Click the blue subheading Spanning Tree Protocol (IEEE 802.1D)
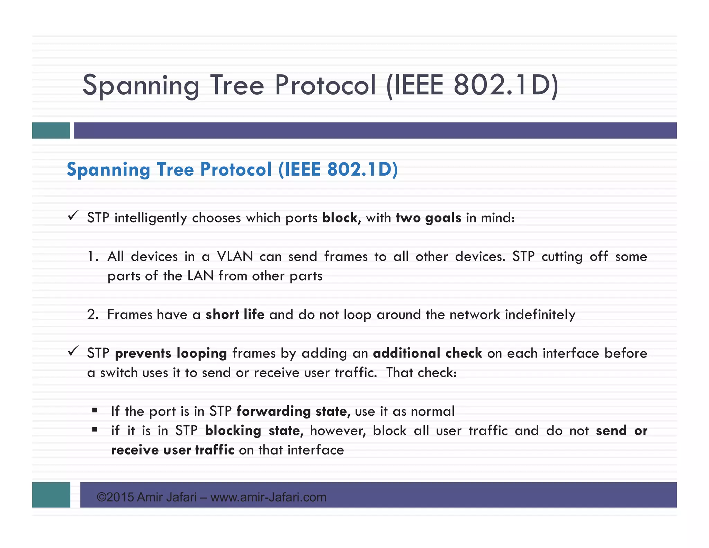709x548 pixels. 232,170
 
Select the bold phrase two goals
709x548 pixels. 428,218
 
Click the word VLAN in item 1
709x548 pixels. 235,257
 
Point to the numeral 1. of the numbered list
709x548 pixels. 93,257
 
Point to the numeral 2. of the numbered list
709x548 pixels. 93,315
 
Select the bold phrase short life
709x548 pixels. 235,315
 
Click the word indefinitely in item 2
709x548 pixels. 540,315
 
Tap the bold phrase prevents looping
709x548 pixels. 171,353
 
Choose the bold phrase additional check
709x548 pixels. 428,353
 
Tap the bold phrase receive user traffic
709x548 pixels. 172,450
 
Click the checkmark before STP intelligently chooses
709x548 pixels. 73,216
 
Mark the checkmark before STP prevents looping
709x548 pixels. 73,351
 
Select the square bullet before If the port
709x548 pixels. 95,411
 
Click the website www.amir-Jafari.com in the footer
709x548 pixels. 268,497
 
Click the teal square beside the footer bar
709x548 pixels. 51,495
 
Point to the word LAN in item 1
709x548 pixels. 200,276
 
